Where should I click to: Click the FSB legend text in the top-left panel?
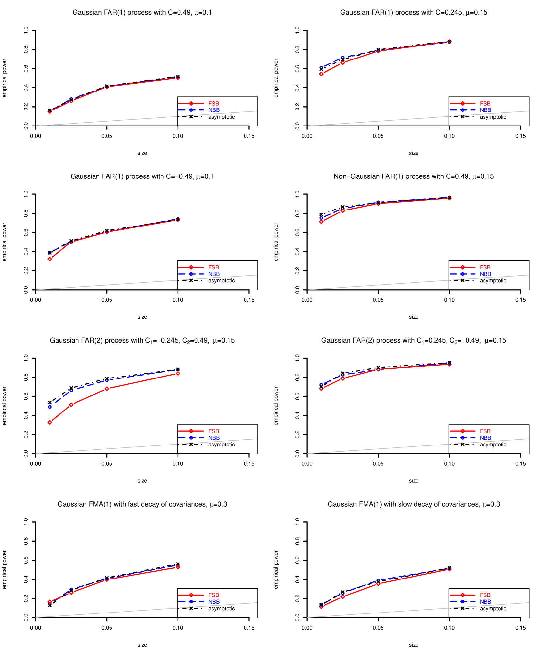point(213,104)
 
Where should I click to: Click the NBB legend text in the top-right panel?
point(485,110)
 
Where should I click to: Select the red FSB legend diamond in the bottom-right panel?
point(462,595)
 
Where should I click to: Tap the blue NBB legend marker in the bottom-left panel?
point(191,602)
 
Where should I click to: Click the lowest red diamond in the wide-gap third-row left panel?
point(50,422)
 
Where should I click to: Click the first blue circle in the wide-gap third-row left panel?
point(50,407)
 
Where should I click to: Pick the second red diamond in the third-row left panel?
point(71,405)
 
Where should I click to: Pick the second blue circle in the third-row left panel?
point(71,391)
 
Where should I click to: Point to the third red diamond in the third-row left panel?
point(107,389)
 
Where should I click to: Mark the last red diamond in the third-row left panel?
point(178,373)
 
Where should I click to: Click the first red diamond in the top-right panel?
point(321,74)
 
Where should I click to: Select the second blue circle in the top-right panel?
point(343,57)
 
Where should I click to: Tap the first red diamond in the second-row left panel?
point(50,259)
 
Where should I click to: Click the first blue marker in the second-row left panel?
point(50,253)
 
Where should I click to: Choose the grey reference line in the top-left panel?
point(147,119)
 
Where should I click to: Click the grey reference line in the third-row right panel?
point(418,446)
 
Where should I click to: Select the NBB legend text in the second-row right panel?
point(485,274)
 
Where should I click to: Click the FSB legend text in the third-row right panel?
point(485,431)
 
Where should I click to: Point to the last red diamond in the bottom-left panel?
point(178,567)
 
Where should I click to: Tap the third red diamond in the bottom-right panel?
point(378,583)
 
